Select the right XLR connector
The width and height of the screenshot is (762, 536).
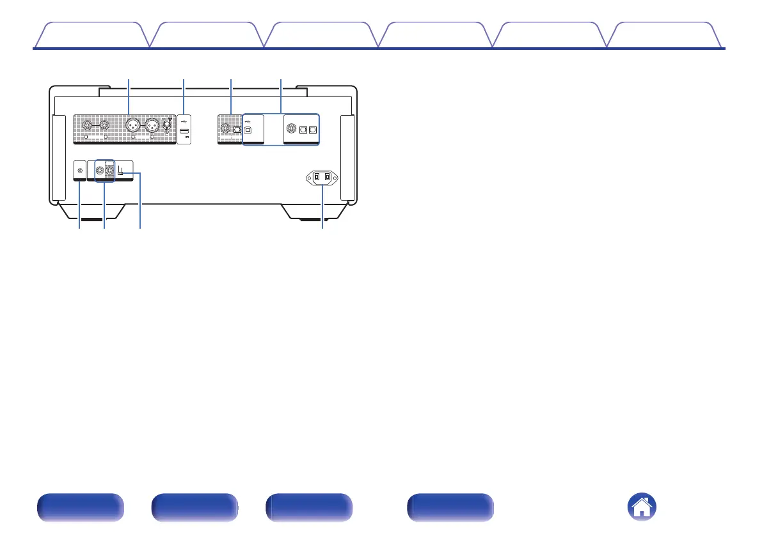[x=154, y=125]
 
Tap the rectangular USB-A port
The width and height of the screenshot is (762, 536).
[x=184, y=132]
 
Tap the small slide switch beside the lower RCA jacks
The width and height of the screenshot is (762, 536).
[x=120, y=173]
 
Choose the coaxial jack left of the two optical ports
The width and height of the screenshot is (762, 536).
[x=292, y=128]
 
